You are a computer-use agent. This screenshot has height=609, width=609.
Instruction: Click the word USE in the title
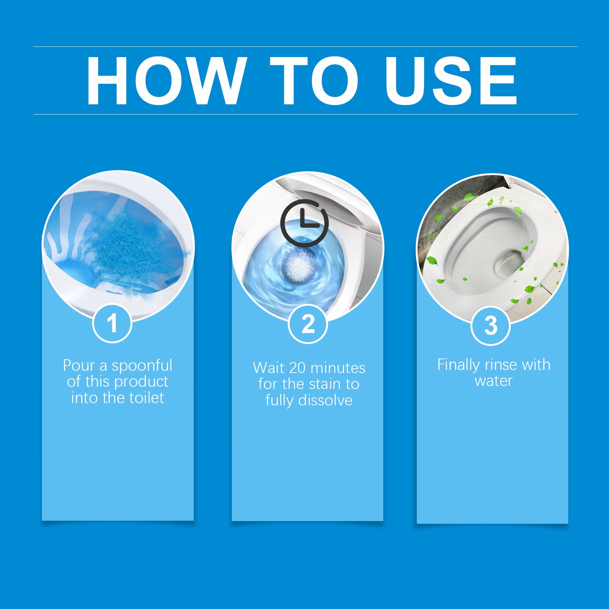pos(451,80)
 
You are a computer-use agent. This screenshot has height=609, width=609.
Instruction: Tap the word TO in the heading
pos(314,80)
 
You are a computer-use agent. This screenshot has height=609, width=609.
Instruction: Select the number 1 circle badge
pos(112,324)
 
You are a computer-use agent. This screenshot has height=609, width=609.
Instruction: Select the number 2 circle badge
pos(308,324)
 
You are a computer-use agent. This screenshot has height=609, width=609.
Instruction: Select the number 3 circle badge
pos(491,326)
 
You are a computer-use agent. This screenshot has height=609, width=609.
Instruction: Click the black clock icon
pos(304,223)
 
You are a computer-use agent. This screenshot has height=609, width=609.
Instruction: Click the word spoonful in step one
pos(142,366)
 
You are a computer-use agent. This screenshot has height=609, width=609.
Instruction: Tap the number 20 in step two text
pos(297,368)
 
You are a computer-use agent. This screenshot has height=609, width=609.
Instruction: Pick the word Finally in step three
pos(458,365)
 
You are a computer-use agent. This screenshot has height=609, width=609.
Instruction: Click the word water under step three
pos(493,381)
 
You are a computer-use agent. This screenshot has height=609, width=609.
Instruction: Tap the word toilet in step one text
pos(147,398)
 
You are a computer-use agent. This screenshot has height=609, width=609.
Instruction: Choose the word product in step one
pos(143,382)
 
